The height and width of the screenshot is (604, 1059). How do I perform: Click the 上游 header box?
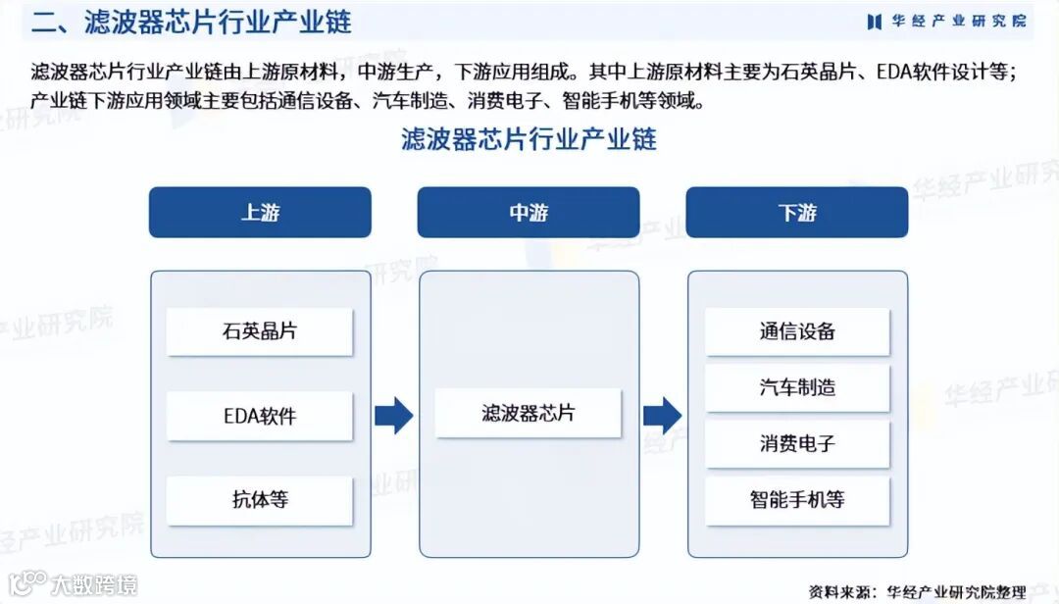click(260, 213)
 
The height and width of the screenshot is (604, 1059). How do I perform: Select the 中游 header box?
click(529, 213)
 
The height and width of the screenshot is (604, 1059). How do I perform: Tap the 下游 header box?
click(796, 213)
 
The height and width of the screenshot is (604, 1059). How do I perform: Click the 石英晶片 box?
click(260, 331)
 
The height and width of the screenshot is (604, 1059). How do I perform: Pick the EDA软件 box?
click(260, 416)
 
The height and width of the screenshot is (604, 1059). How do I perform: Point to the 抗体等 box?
click(260, 500)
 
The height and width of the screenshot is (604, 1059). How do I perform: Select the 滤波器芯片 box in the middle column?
click(529, 413)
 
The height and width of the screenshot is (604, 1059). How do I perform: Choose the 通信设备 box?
click(797, 331)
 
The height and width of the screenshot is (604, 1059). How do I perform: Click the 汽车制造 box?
click(797, 387)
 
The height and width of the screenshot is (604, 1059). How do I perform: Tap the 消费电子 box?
click(797, 443)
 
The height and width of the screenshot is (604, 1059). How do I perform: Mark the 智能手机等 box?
click(797, 500)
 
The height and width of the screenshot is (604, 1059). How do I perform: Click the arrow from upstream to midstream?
click(394, 415)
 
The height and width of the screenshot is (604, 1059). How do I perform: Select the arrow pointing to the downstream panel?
click(663, 415)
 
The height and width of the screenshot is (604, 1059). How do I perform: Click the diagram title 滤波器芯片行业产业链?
click(529, 138)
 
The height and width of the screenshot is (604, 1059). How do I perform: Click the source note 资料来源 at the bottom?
click(917, 591)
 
